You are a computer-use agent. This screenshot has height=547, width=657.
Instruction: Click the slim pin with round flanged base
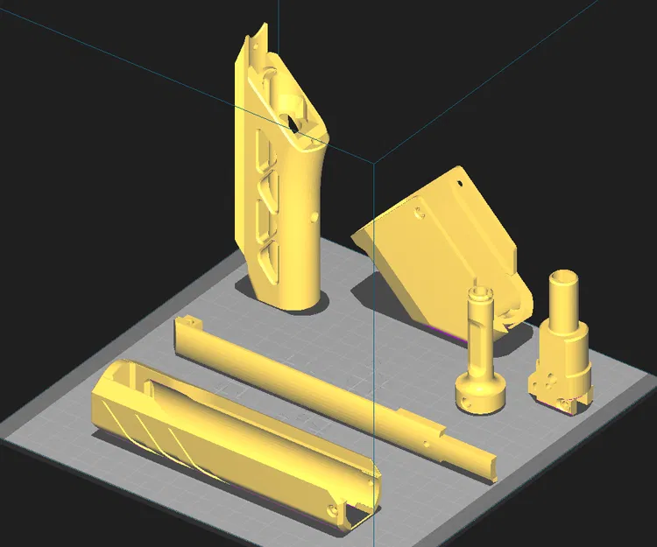click(x=480, y=350)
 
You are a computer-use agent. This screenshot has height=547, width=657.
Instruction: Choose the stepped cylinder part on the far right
click(x=561, y=350)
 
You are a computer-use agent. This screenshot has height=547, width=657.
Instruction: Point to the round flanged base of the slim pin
click(x=480, y=394)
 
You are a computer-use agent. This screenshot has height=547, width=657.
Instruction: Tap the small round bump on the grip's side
click(x=314, y=215)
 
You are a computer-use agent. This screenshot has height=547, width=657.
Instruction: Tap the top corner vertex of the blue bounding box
click(x=375, y=163)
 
